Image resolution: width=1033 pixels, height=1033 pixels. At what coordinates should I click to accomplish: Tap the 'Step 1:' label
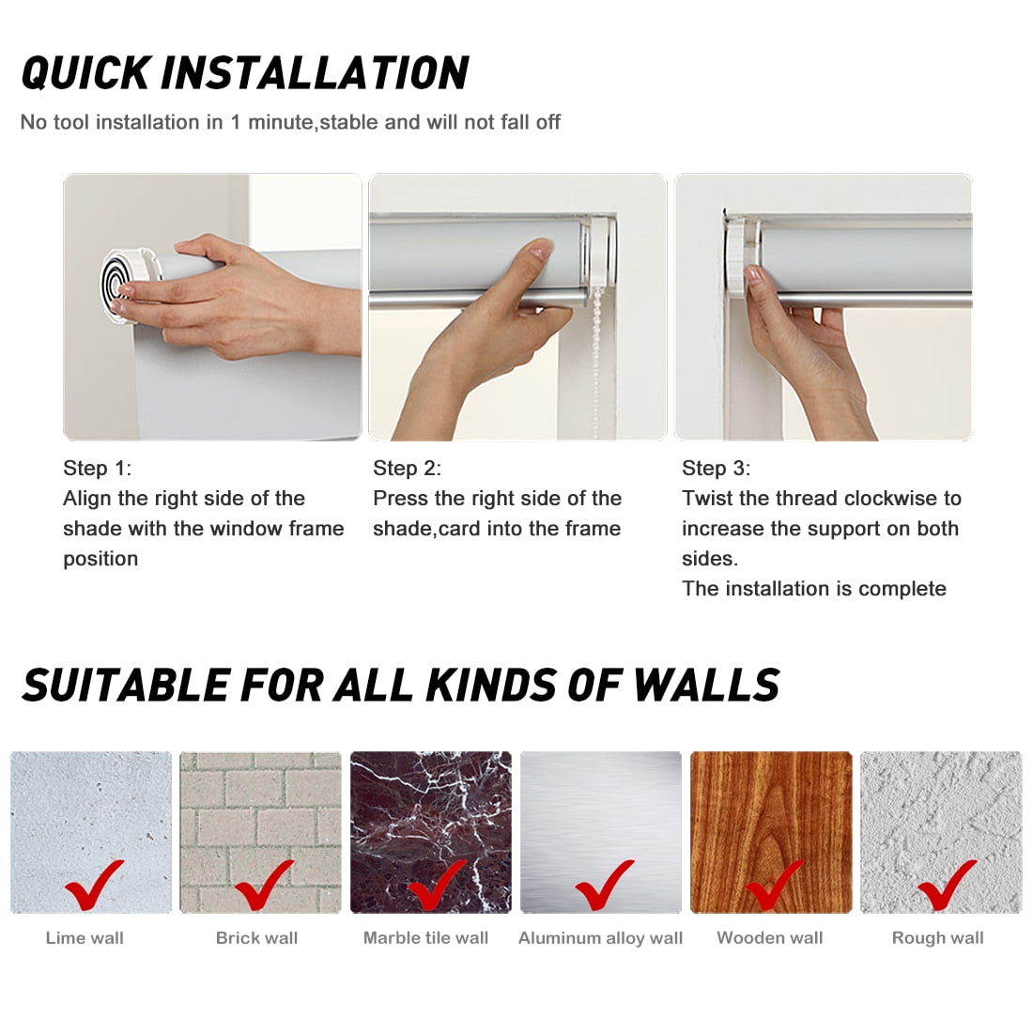point(98,468)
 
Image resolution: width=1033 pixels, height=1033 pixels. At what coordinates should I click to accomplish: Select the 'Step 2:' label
point(408,468)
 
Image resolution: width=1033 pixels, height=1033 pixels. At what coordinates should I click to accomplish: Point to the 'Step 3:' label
point(717,468)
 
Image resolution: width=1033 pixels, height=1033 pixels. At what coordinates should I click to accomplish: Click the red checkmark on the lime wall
point(94,885)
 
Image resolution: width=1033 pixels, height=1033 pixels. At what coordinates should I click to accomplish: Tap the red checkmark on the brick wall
point(264,885)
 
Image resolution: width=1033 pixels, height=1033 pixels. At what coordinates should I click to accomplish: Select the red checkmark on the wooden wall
point(774,885)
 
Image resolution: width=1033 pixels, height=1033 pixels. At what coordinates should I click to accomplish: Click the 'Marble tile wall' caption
point(425,937)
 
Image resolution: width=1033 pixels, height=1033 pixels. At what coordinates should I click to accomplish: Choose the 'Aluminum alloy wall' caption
point(600,937)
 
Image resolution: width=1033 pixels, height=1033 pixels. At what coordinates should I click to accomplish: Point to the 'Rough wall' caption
point(937,937)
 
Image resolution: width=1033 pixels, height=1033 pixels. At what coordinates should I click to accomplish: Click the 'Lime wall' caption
point(85,937)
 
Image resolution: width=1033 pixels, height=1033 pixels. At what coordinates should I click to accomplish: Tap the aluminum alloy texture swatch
point(601,832)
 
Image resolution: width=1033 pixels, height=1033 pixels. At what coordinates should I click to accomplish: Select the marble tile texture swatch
point(431,832)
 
